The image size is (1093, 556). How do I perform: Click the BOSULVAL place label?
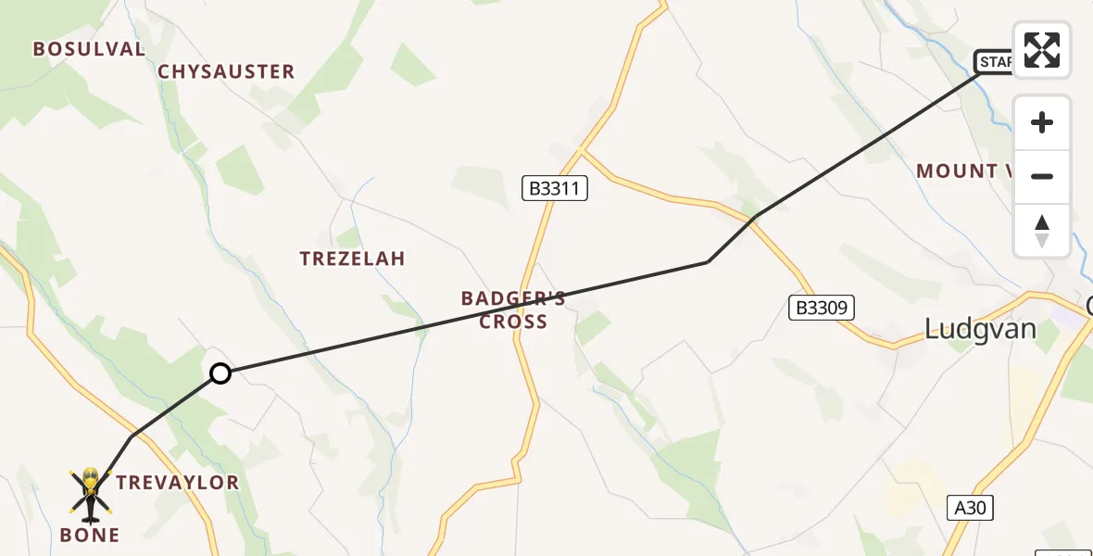pos(89,49)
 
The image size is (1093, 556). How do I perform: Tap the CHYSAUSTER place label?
pos(226,71)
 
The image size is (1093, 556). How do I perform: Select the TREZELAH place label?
pos(352,259)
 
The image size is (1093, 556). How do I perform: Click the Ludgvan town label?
pos(981,329)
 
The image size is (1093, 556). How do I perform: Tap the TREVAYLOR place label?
pos(178,482)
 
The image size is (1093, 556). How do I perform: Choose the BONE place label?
pos(90,535)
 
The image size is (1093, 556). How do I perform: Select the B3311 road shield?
pos(554,189)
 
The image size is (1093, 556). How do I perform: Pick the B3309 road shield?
pos(821,308)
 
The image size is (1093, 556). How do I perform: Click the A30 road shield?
pos(970,507)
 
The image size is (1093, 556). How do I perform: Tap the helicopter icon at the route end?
pos(91,492)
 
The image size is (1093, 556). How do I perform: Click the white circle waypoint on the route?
pos(220,373)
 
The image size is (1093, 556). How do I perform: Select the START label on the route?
pos(995,62)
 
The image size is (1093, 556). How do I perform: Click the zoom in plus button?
pos(1042,122)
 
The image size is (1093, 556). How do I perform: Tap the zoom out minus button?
pos(1042,176)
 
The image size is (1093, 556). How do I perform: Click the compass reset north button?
pos(1042,231)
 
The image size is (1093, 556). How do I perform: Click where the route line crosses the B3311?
pos(527,303)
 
